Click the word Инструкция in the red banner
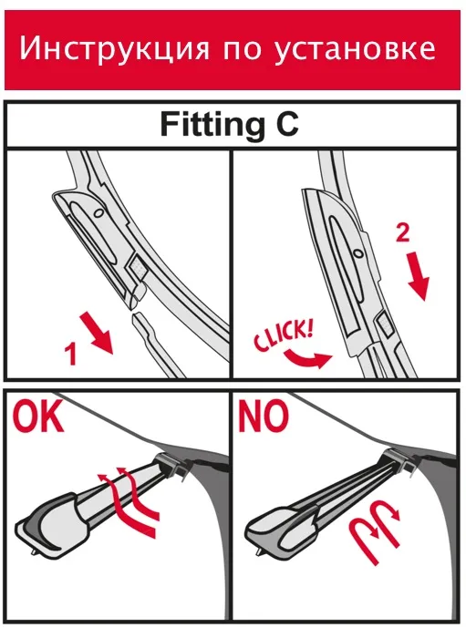pos(114,49)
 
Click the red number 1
pos(71,354)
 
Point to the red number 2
pos(403,232)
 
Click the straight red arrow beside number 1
pos(97,333)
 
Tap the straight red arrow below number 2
pos(419,277)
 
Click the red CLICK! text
pos(284,335)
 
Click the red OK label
pos(37,417)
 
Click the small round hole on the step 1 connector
pos(98,212)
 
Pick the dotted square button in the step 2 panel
pos(383,324)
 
